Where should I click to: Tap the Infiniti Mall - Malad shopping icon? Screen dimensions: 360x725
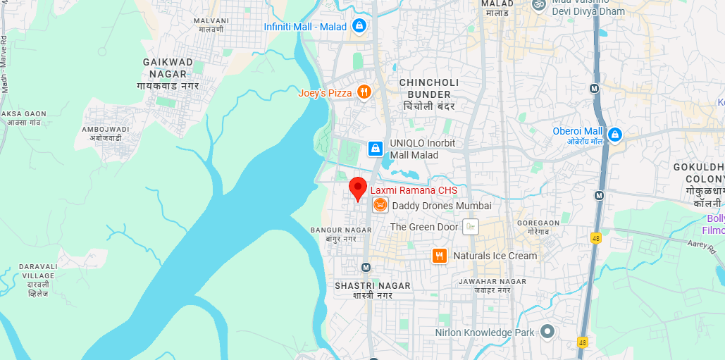point(360,26)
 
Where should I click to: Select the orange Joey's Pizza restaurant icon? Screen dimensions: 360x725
point(364,92)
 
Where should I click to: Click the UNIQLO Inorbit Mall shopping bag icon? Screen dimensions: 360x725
point(376,149)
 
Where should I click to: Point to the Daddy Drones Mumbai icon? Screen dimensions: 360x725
point(380,205)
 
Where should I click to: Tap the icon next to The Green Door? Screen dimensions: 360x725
point(471,227)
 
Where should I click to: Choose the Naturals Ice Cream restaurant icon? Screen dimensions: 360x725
point(440,256)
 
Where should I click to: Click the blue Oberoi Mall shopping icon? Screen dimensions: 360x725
point(615,134)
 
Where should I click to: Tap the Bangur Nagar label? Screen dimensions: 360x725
point(341,234)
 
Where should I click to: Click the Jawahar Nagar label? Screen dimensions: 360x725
point(483,285)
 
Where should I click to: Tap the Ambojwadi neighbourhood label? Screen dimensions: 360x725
point(105,133)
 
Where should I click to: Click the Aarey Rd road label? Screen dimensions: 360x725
point(701,245)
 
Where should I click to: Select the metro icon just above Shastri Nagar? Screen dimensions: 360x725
point(366,267)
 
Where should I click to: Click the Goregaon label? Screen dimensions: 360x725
point(538,226)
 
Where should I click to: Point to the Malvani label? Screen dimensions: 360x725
point(211,25)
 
